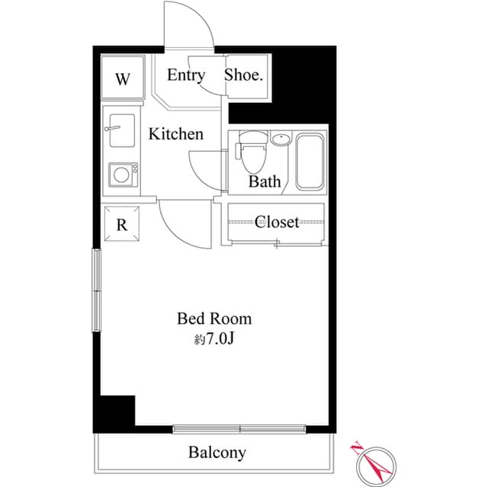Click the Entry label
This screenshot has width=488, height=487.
pos(186,75)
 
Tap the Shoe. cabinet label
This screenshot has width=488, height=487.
pos(244,75)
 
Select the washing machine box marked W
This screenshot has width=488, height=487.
pos(123,79)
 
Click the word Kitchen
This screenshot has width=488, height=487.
pos(176,134)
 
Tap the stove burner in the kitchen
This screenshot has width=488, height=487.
pos(121,175)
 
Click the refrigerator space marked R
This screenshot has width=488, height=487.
pos(121,224)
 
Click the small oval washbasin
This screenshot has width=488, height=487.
pos(281,139)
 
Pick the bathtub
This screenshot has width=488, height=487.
pos(310,162)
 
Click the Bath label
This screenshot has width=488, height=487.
pos(265,182)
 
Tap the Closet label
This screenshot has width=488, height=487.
pos(277,222)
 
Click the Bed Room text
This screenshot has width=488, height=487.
pos(214,319)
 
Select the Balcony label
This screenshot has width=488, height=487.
pos(217,453)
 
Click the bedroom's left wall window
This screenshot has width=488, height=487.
pos(97,290)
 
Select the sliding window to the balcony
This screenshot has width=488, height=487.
pos(239,429)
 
